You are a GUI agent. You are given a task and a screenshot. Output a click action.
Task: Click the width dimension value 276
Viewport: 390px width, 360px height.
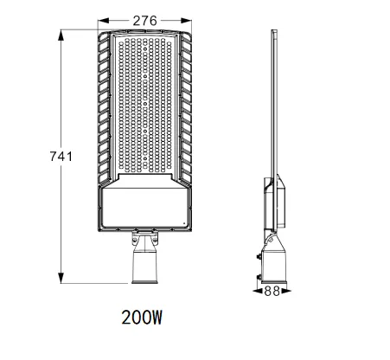144,21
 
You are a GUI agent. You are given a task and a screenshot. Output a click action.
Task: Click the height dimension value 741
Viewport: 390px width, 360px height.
61,157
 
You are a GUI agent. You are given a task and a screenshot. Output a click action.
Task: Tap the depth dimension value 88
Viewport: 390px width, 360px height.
272,291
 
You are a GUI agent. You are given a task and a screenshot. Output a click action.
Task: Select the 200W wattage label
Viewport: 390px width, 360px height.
142,318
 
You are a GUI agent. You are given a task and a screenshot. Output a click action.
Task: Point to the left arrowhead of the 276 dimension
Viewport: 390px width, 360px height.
103,21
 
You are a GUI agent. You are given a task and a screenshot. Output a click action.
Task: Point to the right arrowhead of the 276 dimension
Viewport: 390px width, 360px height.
186,21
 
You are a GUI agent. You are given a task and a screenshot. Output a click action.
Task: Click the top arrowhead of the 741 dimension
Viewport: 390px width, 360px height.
61,35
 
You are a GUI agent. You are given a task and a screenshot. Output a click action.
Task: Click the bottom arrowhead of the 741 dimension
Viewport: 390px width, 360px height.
61,278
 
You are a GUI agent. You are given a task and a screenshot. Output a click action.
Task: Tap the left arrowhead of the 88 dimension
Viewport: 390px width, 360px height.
258,291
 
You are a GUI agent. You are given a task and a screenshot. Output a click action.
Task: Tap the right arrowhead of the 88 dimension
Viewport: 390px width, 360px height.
285,291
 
